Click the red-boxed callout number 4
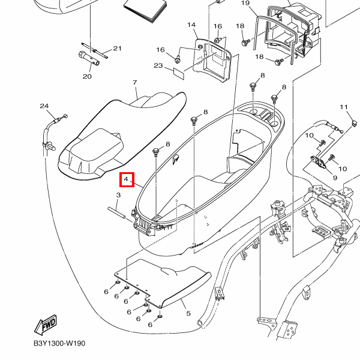[x=126, y=179]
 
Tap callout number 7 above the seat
[x=135, y=82]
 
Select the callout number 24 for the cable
[x=44, y=106]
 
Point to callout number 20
[x=87, y=76]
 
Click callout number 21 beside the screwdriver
[x=117, y=49]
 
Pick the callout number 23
[x=158, y=65]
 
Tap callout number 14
[x=191, y=25]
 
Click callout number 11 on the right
[x=344, y=107]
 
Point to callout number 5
[x=187, y=313]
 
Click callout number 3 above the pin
[x=119, y=195]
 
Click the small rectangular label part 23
[x=179, y=73]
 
